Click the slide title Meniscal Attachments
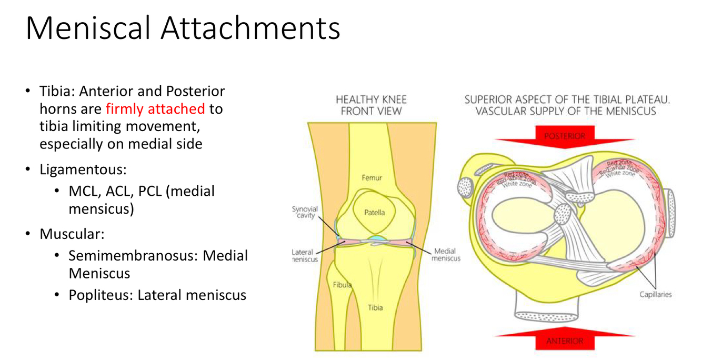point(183,28)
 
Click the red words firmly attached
point(155,109)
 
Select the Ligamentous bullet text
point(84,170)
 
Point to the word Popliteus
point(101,295)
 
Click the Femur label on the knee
point(372,178)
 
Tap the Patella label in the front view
point(374,213)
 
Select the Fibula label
point(342,285)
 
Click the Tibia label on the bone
point(375,307)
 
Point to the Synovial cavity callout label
point(305,212)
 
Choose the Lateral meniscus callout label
point(305,256)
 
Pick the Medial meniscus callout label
point(446,255)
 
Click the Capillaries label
point(655,294)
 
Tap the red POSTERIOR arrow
point(565,135)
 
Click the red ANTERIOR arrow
point(565,340)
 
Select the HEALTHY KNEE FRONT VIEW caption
point(371,105)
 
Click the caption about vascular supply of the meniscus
point(567,105)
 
